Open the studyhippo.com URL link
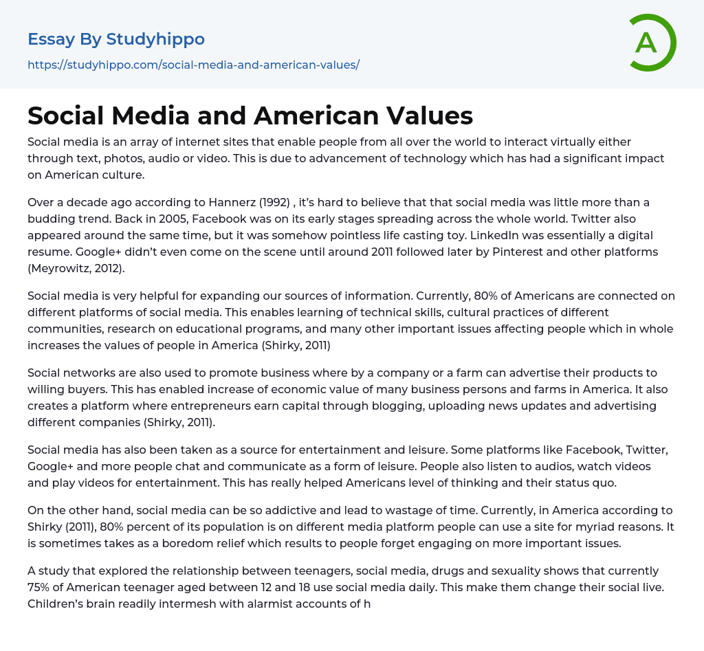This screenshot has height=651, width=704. tap(193, 65)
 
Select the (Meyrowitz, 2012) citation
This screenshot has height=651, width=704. tap(76, 268)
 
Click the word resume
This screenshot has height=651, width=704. tap(50, 252)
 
